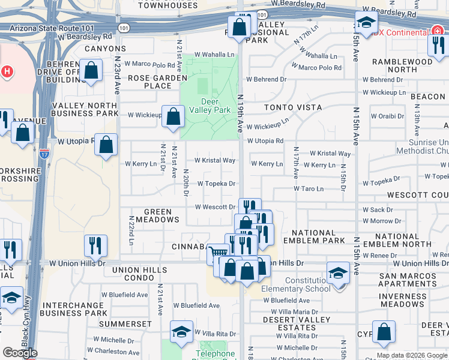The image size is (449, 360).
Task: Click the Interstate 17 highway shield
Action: point(44,154)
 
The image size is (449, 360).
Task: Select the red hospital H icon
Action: point(7,71)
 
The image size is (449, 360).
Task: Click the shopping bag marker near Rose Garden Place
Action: point(91,71)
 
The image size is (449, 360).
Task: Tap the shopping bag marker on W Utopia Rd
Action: point(106,145)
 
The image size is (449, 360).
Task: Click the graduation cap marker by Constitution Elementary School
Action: point(338,273)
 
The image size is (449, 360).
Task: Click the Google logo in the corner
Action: point(20,353)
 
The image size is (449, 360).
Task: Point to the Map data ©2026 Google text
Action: point(412,355)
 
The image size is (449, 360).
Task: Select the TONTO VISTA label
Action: point(293,107)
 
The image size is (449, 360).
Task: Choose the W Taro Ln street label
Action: point(309,188)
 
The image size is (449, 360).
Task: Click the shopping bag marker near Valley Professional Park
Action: point(239,26)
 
